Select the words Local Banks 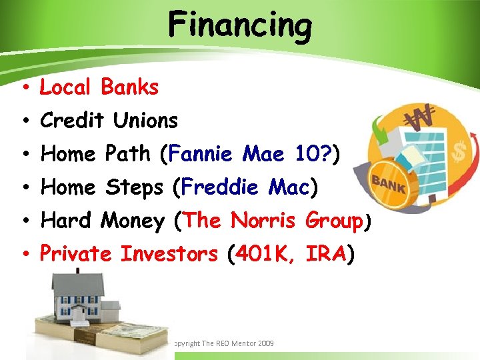99,87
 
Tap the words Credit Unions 109,121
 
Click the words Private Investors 129,254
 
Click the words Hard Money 103,221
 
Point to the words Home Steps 101,187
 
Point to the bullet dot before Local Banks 23,88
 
